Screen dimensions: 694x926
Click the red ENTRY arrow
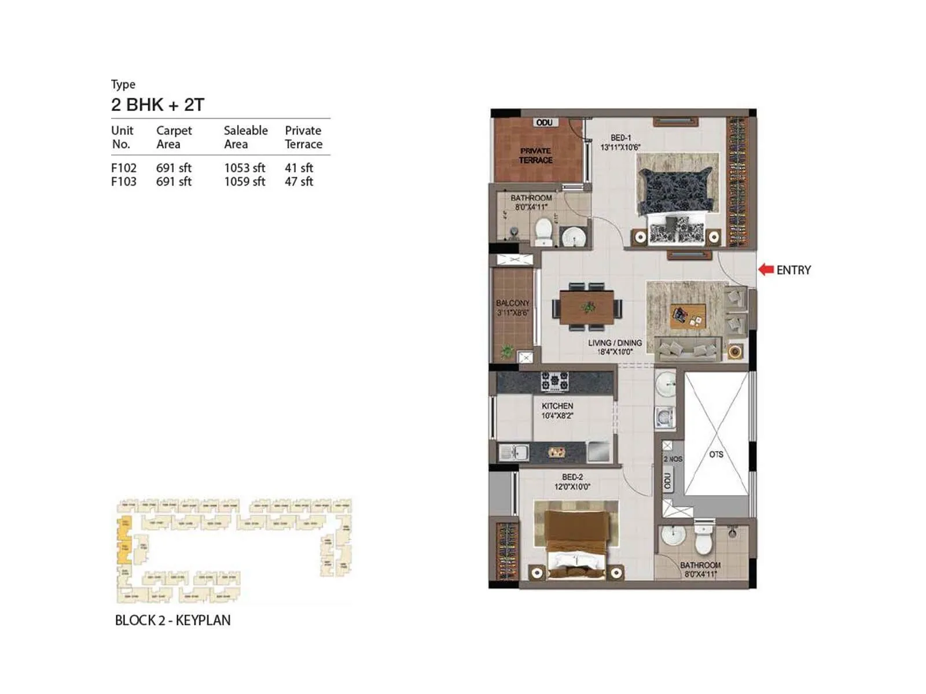766,270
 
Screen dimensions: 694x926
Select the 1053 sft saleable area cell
244,168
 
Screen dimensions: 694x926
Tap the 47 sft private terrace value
299,182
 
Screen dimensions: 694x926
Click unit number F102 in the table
124,168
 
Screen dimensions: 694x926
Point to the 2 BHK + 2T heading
157,105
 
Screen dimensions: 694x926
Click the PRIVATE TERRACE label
535,156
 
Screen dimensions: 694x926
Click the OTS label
716,455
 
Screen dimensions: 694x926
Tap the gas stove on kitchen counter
554,381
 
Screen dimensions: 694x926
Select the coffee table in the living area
688,316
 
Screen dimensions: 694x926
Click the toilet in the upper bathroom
543,231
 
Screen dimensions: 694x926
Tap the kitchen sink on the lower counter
513,452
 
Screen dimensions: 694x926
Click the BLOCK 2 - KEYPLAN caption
172,621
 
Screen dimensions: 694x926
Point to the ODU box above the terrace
544,123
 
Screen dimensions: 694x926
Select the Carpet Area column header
174,137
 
